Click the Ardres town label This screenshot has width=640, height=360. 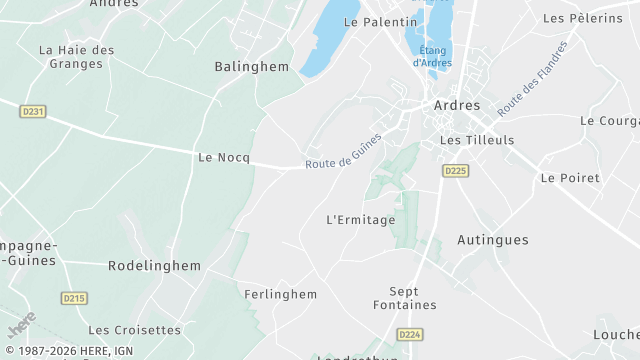(x=458, y=104)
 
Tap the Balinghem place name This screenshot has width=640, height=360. (x=252, y=67)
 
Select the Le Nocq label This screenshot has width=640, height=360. (x=224, y=157)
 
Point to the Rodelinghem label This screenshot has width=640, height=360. (x=154, y=266)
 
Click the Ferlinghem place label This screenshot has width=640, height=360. (x=281, y=294)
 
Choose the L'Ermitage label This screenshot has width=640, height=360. (x=362, y=219)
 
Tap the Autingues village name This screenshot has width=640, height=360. (x=493, y=240)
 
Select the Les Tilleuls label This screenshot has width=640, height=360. (x=477, y=140)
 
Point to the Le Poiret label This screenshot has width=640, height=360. (x=570, y=177)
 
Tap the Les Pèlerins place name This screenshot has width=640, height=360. (x=583, y=18)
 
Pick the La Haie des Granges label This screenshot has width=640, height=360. (x=77, y=56)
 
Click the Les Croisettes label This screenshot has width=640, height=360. (x=135, y=329)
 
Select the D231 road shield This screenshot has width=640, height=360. (x=33, y=112)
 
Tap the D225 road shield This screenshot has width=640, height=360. (x=455, y=171)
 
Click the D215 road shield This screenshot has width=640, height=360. (x=74, y=298)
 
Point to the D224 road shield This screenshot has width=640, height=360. (x=409, y=334)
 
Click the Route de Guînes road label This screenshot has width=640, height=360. (x=343, y=151)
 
